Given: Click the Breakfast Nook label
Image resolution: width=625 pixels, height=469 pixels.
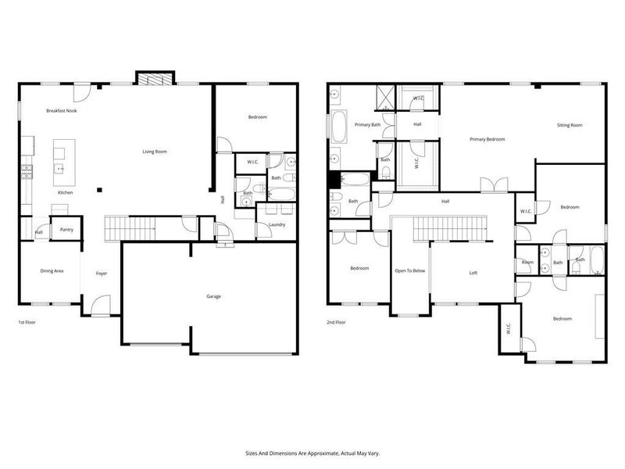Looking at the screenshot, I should tap(61, 111).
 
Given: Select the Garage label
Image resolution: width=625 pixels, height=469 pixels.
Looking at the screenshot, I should tap(212, 296).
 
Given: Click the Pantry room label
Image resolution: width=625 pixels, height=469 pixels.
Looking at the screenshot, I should tap(62, 231).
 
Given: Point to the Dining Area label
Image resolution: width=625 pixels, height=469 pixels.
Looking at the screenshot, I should tap(52, 270).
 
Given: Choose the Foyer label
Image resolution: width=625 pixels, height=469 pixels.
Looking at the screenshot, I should tap(102, 274).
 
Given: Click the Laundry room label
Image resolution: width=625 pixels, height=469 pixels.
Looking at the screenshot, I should tap(277, 225).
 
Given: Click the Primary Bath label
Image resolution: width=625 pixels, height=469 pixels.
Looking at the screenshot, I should tap(367, 124).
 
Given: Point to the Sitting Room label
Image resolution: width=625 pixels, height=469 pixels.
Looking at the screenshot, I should tap(569, 125).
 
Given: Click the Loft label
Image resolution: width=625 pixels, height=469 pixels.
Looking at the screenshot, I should tap(473, 273).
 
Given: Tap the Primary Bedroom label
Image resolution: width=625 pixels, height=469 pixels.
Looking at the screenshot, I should tap(487, 139).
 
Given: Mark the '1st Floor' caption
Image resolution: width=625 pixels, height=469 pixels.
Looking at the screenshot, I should tap(27, 322).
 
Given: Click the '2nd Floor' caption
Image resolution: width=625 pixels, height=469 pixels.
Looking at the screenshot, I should tap(336, 322).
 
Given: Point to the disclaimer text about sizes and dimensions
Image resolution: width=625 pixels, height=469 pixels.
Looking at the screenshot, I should tap(312, 453).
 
